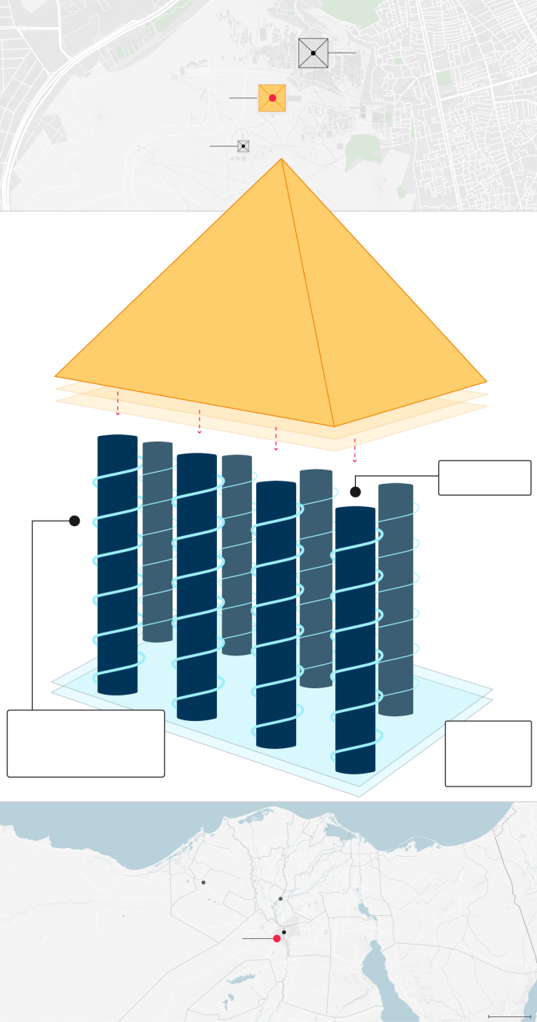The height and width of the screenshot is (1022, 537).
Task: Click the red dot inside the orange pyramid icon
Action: click(272, 98)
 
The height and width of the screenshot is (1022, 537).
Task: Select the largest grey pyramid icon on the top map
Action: click(313, 53)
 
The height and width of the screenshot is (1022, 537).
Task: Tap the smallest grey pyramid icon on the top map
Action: click(243, 146)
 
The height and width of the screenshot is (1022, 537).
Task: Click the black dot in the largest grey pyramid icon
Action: click(314, 53)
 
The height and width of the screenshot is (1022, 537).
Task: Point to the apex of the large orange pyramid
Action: click(282, 160)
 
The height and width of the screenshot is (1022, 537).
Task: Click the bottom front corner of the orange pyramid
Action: click(334, 426)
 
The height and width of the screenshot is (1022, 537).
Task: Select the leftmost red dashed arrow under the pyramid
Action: click(118, 403)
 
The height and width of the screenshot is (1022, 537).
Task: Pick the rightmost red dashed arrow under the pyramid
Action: click(354, 450)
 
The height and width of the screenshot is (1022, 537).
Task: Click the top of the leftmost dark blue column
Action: click(117, 438)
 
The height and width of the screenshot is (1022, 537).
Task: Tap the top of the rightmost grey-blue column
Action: click(396, 485)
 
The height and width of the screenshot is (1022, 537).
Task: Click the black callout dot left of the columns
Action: click(74, 521)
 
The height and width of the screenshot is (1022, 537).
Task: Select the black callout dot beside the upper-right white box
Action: click(356, 492)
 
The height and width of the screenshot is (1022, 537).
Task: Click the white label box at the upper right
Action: click(484, 477)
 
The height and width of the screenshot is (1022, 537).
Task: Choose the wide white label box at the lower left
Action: click(85, 743)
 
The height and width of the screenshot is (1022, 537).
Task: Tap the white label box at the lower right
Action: click(488, 753)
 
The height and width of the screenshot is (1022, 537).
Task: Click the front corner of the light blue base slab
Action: click(358, 795)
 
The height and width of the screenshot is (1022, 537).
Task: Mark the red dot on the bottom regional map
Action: click(277, 938)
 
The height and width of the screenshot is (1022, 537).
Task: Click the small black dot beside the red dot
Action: click(284, 932)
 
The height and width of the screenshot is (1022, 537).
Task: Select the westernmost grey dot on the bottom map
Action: click(203, 882)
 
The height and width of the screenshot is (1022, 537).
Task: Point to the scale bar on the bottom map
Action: click(509, 1016)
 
